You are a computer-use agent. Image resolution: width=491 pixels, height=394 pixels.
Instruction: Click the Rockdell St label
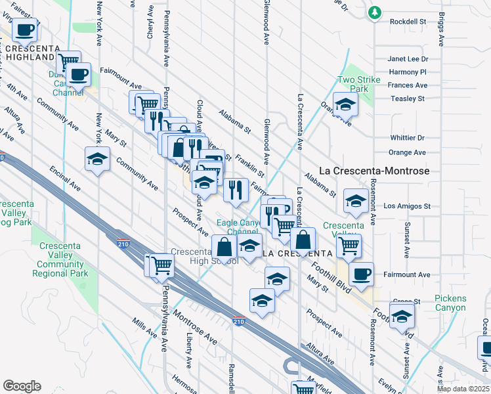pos(408,22)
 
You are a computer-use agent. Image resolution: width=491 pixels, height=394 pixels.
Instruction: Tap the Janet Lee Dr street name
pos(408,58)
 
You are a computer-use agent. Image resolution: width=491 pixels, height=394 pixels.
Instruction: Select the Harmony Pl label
pos(408,72)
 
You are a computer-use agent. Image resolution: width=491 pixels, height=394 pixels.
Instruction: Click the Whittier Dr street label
pos(407,138)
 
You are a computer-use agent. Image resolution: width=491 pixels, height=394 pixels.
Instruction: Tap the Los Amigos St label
pos(407,206)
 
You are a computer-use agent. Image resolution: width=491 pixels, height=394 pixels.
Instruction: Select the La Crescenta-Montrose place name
pos(374,171)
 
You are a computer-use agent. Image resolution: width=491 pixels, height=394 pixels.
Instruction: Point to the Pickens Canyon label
pos(450,303)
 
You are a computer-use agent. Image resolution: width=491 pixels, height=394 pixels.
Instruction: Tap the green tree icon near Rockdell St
pos(375,12)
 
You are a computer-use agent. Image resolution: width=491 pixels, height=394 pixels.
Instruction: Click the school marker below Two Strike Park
pos(345,104)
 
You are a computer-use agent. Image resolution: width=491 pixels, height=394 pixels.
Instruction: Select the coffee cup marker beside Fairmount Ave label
pos(360,273)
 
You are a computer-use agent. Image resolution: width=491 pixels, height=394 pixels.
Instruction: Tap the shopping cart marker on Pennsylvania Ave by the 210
pos(161,265)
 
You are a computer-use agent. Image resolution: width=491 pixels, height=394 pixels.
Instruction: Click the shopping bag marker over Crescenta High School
pos(224,247)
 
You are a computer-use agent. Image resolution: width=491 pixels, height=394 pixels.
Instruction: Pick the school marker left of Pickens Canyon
pos(402,315)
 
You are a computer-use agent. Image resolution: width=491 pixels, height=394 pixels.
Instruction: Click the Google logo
pos(21,386)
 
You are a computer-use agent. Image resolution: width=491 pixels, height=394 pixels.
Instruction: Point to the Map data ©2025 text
pos(463,388)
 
